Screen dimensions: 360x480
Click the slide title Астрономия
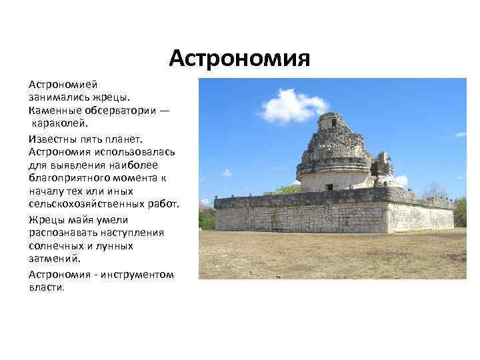(x=239, y=59)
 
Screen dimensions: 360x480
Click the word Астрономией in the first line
(x=63, y=85)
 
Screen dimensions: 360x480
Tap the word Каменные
(x=53, y=110)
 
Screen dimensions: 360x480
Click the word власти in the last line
(x=47, y=287)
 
